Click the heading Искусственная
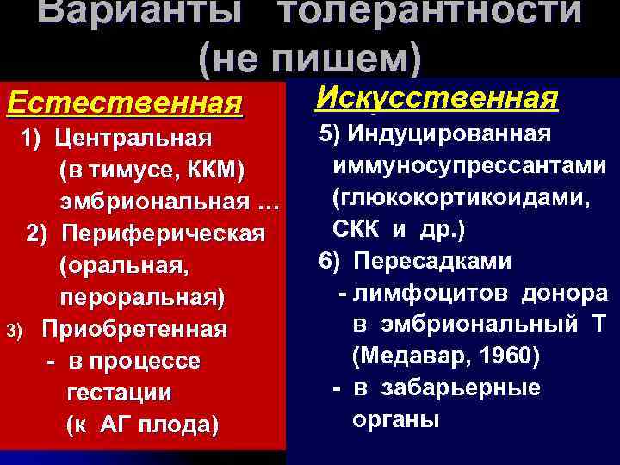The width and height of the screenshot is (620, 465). pos(438,96)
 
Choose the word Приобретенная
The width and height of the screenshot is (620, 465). pos(135,330)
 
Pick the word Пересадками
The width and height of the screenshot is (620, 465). pos(444,262)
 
